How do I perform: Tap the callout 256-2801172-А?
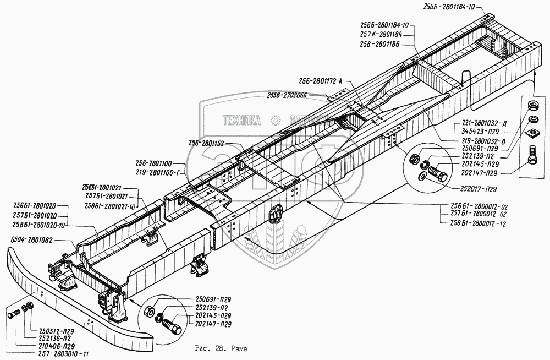tap(320, 81)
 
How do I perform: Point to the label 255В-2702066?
tap(288, 95)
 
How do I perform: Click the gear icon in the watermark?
tap(274, 119)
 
